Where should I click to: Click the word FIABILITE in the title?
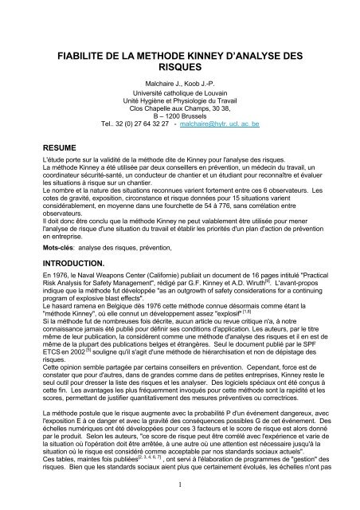(86, 57)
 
